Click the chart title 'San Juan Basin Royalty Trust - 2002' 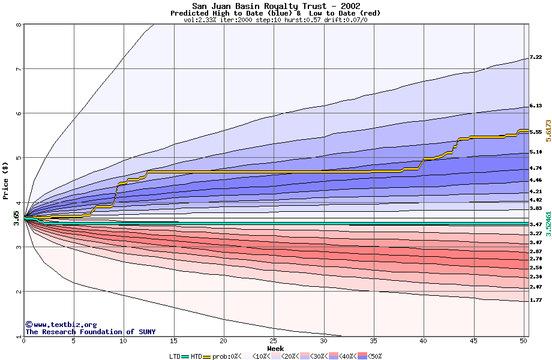click(x=275, y=6)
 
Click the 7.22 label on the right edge click(x=536, y=58)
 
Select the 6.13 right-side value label click(x=536, y=106)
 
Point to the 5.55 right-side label click(x=536, y=132)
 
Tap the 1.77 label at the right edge click(x=536, y=300)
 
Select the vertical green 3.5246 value click(x=548, y=223)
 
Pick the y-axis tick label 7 click(x=19, y=69)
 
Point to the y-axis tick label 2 click(x=19, y=292)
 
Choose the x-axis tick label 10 click(x=123, y=341)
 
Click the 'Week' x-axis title click(x=275, y=348)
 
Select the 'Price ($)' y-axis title click(x=5, y=181)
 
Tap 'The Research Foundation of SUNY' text click(x=90, y=332)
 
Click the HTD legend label click(x=196, y=356)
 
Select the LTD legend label click(x=175, y=356)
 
